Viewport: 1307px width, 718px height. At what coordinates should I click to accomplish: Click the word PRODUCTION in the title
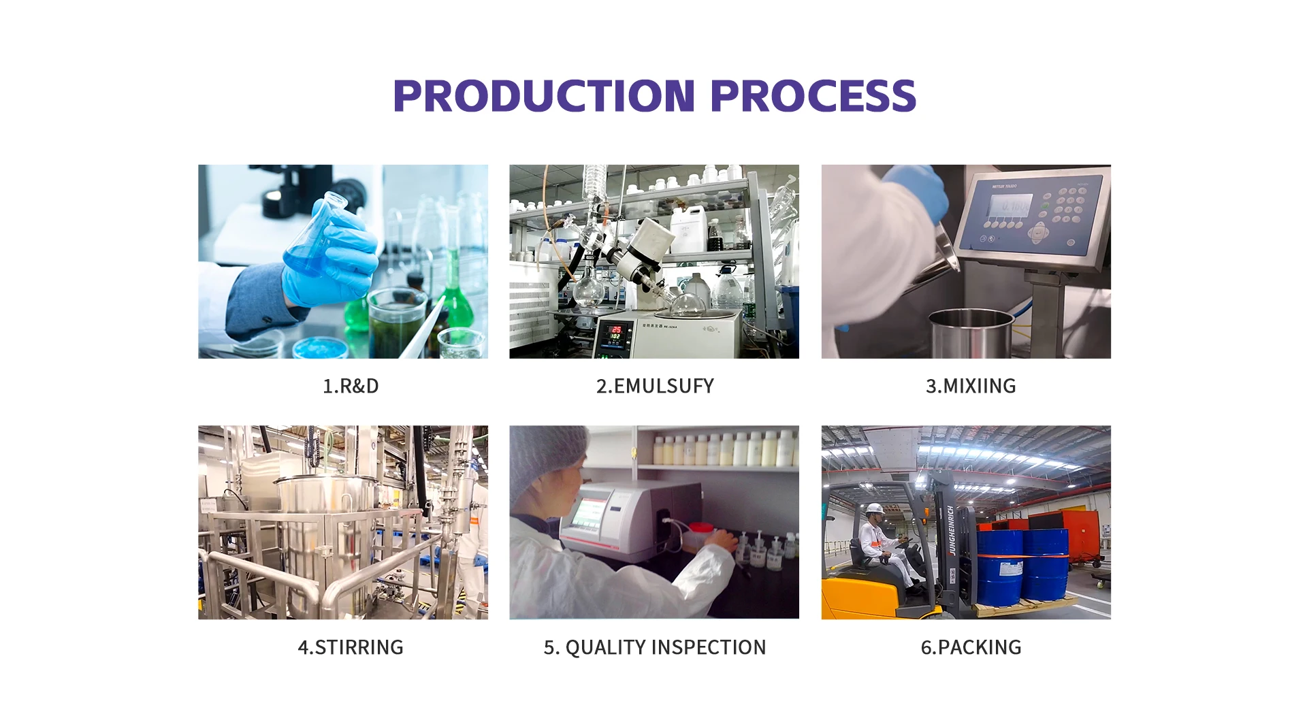[x=545, y=95]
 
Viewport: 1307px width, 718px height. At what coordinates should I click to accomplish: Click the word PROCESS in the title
[x=813, y=95]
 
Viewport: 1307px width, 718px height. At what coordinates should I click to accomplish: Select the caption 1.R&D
[x=351, y=386]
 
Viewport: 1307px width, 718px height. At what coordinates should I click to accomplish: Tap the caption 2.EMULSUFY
[x=655, y=386]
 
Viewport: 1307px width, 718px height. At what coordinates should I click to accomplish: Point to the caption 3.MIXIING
[x=971, y=386]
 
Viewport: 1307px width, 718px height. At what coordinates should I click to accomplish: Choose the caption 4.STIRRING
[x=351, y=647]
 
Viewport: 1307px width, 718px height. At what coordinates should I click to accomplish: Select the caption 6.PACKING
[x=971, y=647]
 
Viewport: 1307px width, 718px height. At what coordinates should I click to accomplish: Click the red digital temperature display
[x=615, y=333]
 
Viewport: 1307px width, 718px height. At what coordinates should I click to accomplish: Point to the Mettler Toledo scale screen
[x=1010, y=205]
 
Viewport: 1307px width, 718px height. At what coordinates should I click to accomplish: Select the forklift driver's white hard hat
[x=875, y=509]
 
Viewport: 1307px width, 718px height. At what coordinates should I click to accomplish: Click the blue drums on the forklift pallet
[x=1022, y=565]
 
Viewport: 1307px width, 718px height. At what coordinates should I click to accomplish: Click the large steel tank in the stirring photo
[x=327, y=538]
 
